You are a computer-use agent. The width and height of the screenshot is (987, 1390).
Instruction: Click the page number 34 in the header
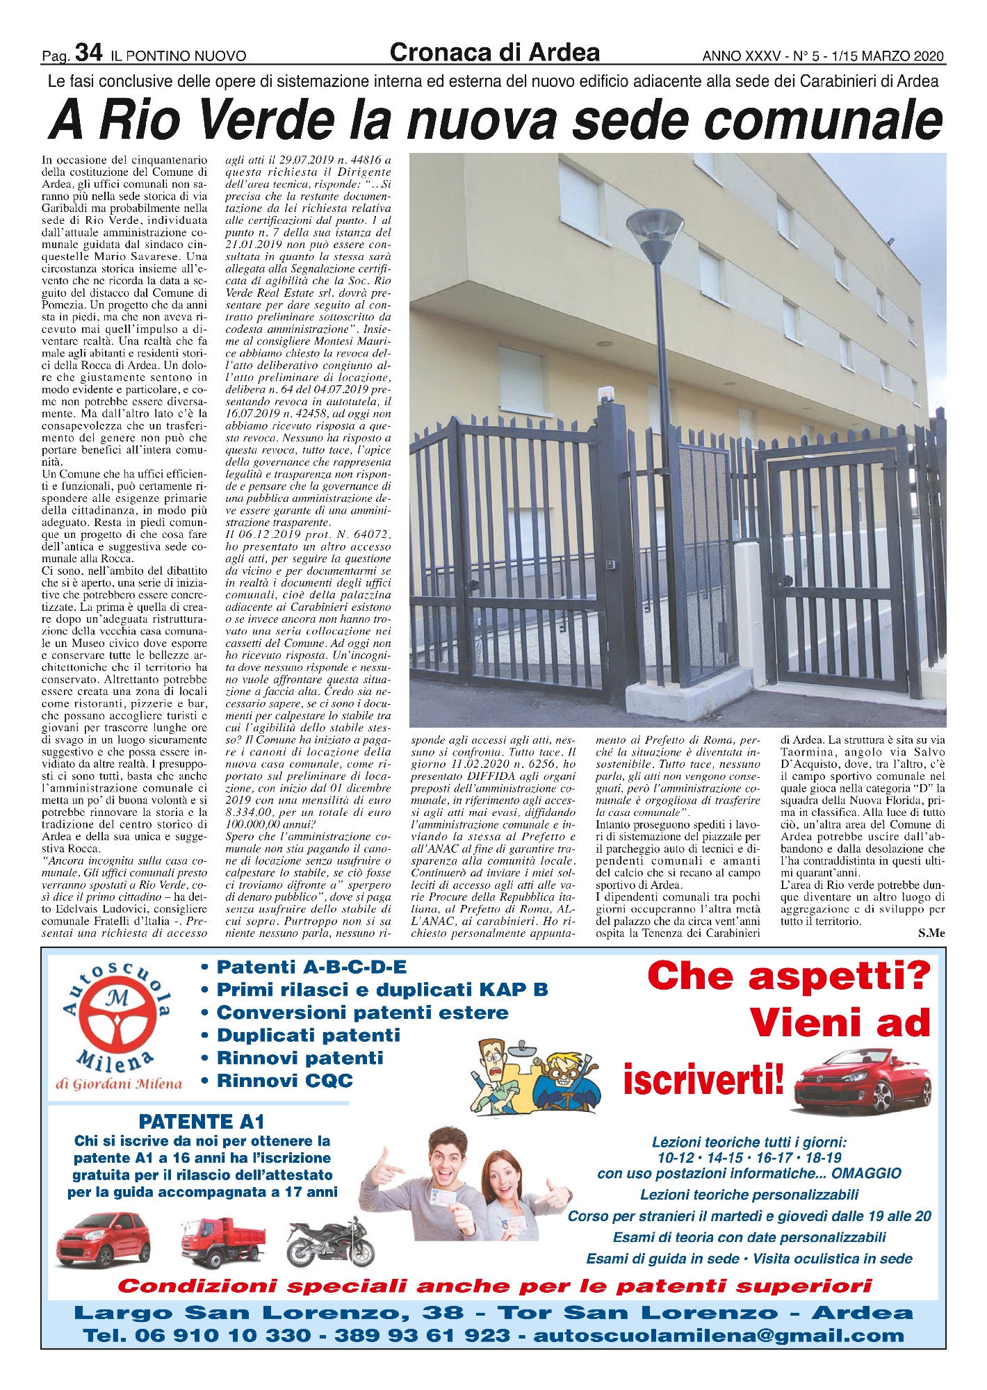coord(89,53)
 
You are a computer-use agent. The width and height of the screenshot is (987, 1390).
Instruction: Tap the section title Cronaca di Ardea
coord(494,52)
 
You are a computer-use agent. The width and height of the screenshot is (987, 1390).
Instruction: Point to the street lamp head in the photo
coord(655,229)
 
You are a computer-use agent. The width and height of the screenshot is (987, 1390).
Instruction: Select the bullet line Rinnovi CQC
coord(285,1081)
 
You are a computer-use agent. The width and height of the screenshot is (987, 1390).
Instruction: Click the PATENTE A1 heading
coord(202,1122)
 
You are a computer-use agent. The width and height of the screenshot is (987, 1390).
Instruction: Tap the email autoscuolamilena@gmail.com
coord(719,1336)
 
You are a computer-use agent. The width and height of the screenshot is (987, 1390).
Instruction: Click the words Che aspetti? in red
coord(788,976)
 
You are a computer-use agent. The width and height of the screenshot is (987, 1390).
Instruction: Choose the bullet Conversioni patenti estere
coord(362,1013)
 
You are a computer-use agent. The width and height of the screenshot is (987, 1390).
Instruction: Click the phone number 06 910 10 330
coord(222,1336)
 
